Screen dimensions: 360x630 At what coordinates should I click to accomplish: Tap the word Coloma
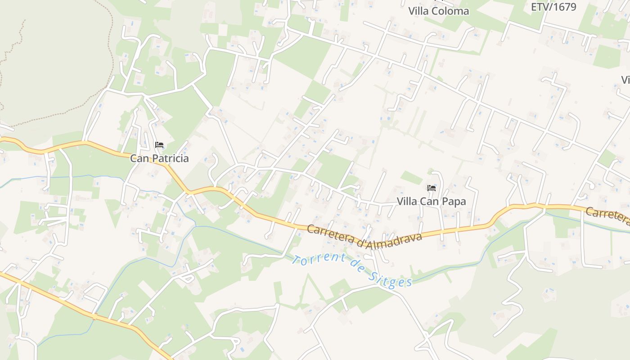pyautogui.click(x=450, y=11)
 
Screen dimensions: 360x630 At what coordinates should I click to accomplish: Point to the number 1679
pyautogui.click(x=565, y=7)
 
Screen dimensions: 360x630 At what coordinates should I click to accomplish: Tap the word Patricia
pyautogui.click(x=169, y=158)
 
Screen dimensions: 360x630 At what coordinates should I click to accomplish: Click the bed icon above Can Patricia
pyautogui.click(x=159, y=145)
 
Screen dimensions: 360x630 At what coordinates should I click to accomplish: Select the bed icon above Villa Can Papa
pyautogui.click(x=431, y=188)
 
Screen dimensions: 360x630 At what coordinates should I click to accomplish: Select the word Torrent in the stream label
pyautogui.click(x=319, y=261)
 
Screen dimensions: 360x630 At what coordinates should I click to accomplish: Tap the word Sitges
pyautogui.click(x=391, y=280)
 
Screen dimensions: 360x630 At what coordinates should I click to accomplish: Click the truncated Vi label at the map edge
pyautogui.click(x=625, y=80)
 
